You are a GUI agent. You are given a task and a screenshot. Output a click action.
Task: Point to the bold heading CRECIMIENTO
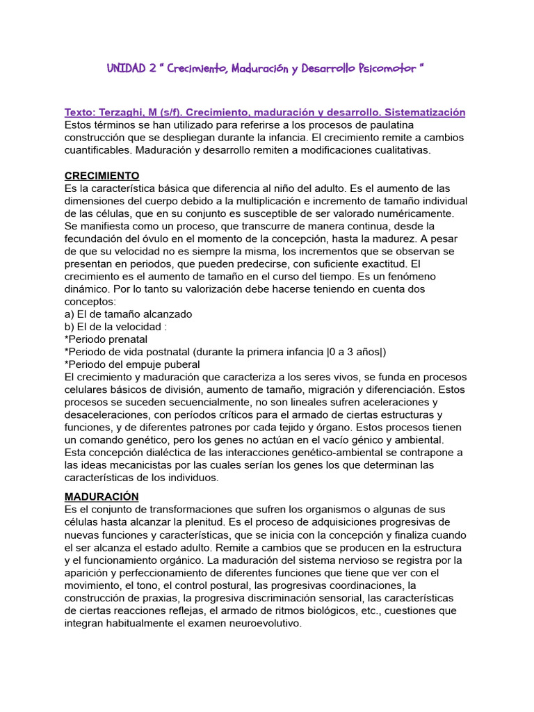[102, 175]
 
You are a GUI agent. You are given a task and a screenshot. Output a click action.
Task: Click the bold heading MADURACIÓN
[102, 496]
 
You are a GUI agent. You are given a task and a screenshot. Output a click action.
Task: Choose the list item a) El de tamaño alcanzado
[128, 314]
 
